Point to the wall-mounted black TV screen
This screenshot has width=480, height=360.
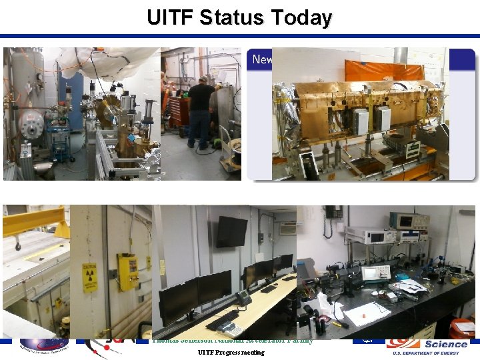point(231,231)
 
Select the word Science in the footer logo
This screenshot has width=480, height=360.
point(445,344)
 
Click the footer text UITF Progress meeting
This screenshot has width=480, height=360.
point(231,352)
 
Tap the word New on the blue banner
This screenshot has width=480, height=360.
point(261,60)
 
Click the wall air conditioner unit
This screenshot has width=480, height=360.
point(287,229)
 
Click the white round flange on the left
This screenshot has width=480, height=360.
point(31,123)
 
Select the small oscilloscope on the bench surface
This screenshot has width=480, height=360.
point(374,273)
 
